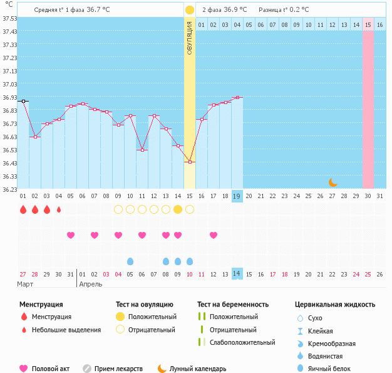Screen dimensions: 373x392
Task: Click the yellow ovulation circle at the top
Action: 190,10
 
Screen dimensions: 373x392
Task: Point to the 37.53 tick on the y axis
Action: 9,18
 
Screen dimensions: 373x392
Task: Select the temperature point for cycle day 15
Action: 190,162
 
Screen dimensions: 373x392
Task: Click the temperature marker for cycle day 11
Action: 142,150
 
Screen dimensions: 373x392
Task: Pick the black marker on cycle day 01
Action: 23,101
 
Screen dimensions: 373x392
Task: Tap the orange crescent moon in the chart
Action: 333,182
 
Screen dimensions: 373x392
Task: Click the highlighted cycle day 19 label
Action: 237,196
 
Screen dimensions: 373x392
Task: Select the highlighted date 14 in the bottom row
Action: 237,274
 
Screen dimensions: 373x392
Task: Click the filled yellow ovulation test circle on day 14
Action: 178,209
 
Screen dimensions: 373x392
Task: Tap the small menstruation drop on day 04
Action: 59,209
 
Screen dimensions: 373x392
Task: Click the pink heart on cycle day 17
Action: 214,235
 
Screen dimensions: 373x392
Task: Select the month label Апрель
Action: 90,284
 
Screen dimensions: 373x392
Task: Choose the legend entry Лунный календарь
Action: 197,369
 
